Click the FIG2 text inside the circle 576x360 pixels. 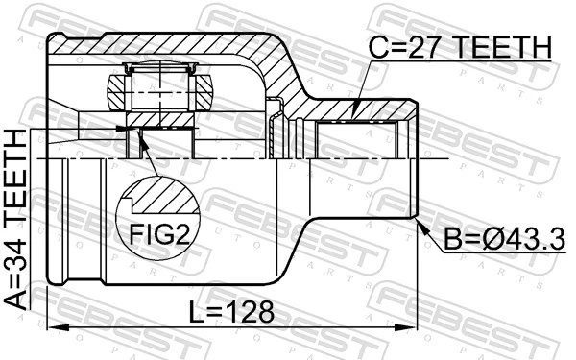click(154, 234)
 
